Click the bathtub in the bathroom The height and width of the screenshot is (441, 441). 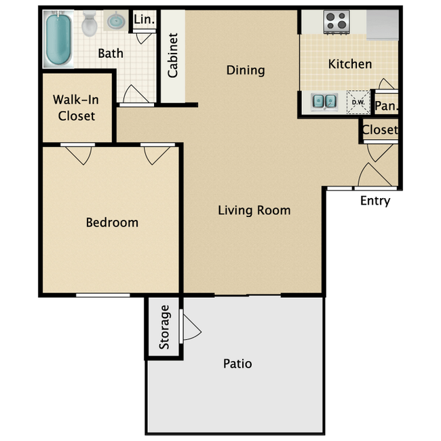click(x=58, y=39)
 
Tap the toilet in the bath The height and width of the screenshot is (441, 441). click(x=90, y=24)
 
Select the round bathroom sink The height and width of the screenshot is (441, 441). click(x=116, y=20)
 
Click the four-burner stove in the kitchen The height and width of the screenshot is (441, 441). click(x=337, y=22)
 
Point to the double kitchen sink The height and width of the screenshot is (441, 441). click(x=324, y=101)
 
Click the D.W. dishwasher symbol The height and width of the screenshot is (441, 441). click(x=358, y=102)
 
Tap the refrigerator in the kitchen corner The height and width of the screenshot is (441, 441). click(x=383, y=24)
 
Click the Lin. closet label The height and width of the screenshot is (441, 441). click(x=145, y=20)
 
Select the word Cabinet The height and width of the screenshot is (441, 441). click(x=173, y=56)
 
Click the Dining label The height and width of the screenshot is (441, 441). click(x=246, y=71)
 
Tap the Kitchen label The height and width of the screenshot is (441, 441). click(x=350, y=64)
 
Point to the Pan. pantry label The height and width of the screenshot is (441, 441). click(x=387, y=106)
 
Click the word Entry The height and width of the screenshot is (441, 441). click(x=375, y=201)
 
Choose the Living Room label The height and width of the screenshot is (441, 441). click(x=254, y=210)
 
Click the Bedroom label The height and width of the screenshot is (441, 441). click(x=112, y=223)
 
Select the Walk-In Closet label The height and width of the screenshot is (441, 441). click(x=76, y=108)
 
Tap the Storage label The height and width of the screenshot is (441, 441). click(x=164, y=327)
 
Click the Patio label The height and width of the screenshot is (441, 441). click(x=237, y=364)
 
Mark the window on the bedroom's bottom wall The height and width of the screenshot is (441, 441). click(x=103, y=295)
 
